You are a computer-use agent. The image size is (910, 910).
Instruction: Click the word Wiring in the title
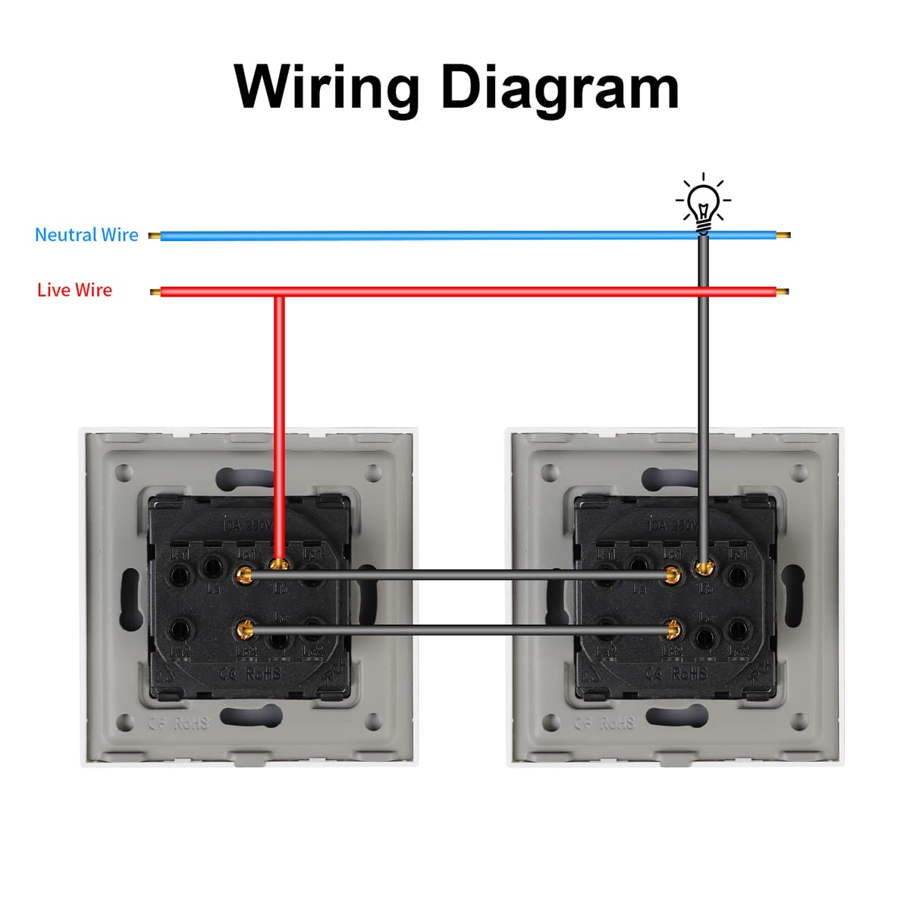click(x=326, y=87)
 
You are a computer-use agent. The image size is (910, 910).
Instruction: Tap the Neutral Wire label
click(x=86, y=235)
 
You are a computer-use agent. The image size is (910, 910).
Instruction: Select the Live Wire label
click(x=74, y=290)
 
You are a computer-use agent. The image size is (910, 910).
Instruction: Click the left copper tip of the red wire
click(x=155, y=292)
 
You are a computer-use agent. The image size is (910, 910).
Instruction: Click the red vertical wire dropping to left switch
click(x=279, y=425)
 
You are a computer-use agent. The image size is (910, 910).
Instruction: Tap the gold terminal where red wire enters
click(x=280, y=564)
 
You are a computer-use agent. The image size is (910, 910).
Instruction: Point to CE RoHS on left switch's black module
click(x=250, y=673)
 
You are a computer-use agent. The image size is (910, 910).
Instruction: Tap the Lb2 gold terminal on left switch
click(x=244, y=628)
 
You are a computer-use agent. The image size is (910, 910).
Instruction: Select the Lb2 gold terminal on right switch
click(x=671, y=628)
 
